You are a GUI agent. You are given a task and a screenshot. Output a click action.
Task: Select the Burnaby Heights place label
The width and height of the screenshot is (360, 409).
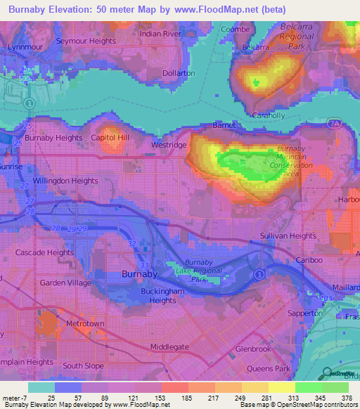point(53,138)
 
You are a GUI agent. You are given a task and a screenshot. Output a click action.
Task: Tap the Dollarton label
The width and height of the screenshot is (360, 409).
point(178,72)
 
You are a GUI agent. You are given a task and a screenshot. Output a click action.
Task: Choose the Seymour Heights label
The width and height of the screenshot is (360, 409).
point(86,41)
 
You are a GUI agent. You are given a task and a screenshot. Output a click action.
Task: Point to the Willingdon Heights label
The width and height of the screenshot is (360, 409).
point(64,181)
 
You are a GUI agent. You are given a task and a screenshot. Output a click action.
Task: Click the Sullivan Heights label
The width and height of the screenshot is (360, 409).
point(288,235)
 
